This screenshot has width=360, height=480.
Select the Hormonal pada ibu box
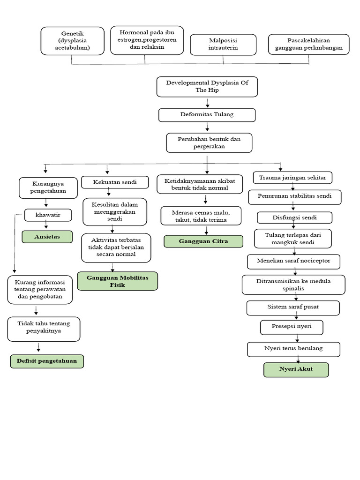pos(147,40)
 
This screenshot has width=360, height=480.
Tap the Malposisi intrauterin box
pos(223,45)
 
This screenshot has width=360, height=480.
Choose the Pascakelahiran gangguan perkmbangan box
pos(308,45)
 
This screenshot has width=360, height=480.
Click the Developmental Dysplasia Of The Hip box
pos(207,87)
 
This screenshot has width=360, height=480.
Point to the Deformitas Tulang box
pos(207,115)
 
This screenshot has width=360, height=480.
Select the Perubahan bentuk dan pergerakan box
pos(209,143)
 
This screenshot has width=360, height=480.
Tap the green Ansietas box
pos(47,237)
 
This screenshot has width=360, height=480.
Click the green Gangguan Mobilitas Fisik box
pos(117,281)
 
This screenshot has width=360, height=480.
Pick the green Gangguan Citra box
pos(203,241)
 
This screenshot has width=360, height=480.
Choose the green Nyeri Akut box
pos(296,370)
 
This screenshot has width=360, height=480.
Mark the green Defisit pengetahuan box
pos(47,361)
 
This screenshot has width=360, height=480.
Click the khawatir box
pos(48,215)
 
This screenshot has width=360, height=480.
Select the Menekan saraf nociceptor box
pos(294,261)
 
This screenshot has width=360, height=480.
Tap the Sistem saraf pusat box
pos(293,308)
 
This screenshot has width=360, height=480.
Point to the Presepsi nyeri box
pos(292,327)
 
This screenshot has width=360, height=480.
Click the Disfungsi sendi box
pos(294,217)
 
